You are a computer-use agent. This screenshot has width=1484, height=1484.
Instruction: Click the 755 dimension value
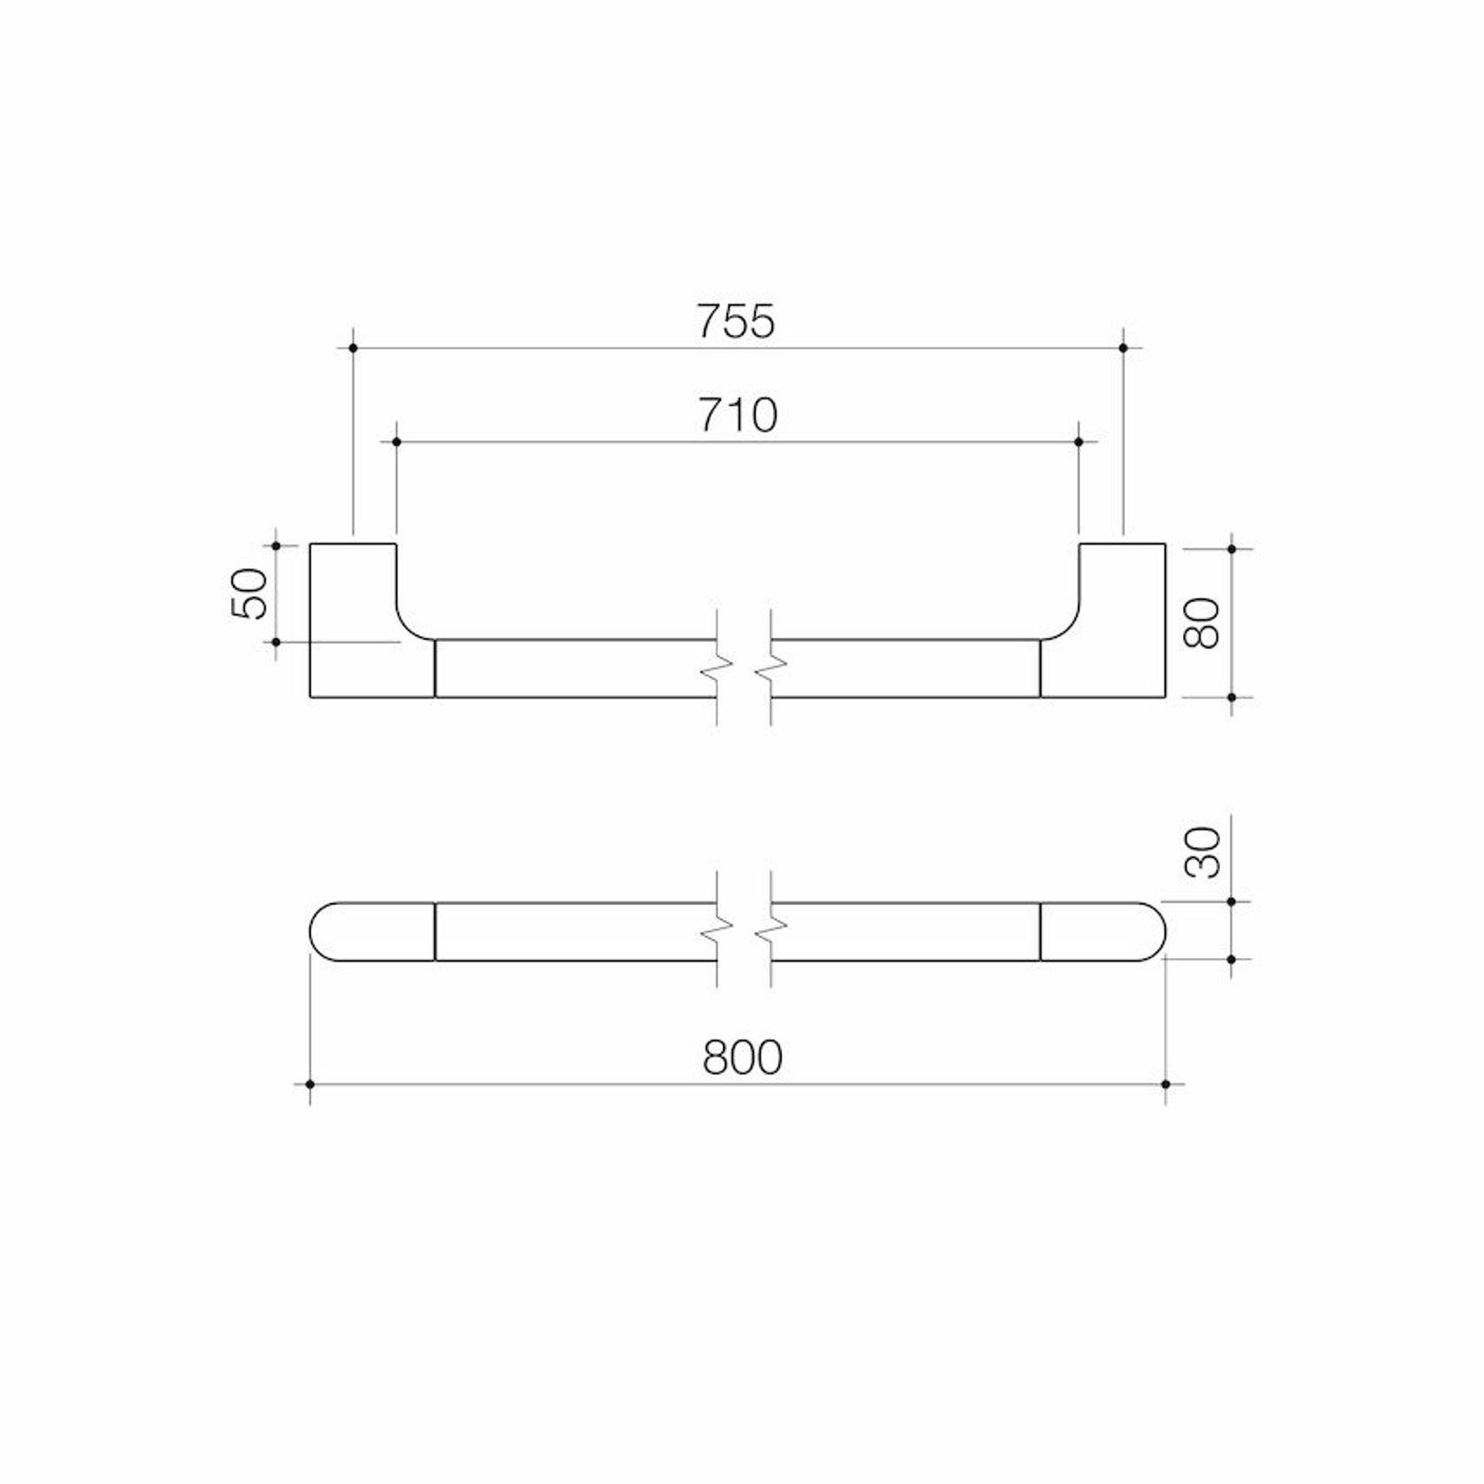coord(736,321)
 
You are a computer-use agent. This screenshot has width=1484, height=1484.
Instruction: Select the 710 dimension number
coord(738,414)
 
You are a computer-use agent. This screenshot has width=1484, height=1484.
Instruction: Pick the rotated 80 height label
coord(1203,622)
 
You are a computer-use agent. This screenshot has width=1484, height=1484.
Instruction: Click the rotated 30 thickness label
coord(1203,852)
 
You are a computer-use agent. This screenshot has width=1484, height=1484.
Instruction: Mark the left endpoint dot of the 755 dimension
coord(353,349)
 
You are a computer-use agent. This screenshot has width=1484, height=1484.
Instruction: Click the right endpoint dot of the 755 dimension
coord(1124,349)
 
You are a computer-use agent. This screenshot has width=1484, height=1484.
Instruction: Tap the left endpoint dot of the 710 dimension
coord(396,442)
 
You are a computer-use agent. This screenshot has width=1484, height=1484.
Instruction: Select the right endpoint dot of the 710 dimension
coord(1078,442)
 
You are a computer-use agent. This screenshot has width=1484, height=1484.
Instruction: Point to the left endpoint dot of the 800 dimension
coord(310,1085)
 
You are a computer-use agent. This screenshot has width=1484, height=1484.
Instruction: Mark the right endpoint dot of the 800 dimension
coord(1165,1085)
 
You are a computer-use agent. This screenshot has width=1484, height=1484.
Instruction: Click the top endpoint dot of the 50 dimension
coord(276,545)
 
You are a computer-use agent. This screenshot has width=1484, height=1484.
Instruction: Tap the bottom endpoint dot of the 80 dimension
coord(1232,698)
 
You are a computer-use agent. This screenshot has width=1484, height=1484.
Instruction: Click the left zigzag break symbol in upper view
coord(717,669)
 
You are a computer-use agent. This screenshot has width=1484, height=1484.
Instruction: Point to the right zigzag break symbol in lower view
coord(771,929)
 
